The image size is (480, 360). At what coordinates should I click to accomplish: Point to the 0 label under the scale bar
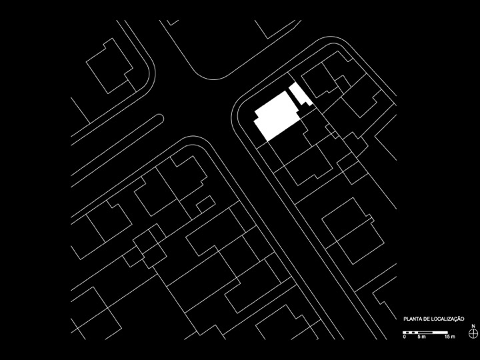tap(405, 337)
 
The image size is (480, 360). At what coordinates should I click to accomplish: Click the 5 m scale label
tap(421, 337)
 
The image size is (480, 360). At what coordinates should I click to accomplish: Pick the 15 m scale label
tap(450, 337)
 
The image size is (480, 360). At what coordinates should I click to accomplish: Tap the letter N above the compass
tap(473, 326)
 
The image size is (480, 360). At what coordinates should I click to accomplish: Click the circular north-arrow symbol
tap(473, 333)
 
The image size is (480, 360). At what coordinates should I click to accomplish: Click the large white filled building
tap(277, 116)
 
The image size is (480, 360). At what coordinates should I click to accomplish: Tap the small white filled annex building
tap(300, 95)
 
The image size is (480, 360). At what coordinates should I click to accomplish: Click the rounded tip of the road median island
tap(161, 119)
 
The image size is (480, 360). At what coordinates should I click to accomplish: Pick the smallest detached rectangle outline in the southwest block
tap(205, 204)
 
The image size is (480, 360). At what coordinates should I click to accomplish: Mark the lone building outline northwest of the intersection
tap(109, 66)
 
